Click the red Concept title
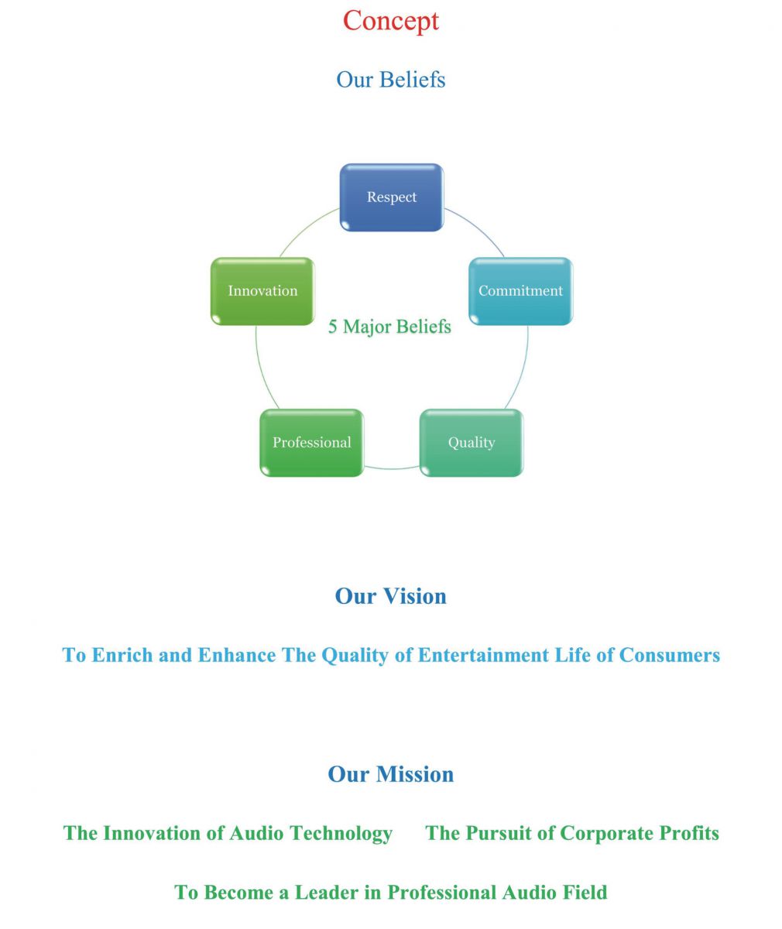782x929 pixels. pyautogui.click(x=391, y=21)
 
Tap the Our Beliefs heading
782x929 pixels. pyautogui.click(x=391, y=80)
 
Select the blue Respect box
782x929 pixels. pyautogui.click(x=392, y=197)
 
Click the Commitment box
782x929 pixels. pyautogui.click(x=520, y=291)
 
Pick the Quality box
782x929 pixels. pyautogui.click(x=472, y=443)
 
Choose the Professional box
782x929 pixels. pyautogui.click(x=311, y=443)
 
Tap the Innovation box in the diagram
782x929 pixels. pyautogui.click(x=262, y=291)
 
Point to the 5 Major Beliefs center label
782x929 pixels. pyautogui.click(x=389, y=327)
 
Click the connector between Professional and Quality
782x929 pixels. pyautogui.click(x=392, y=468)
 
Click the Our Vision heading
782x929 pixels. pyautogui.click(x=391, y=596)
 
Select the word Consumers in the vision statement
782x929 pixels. pyautogui.click(x=670, y=655)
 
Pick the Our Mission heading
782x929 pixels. pyautogui.click(x=391, y=774)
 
